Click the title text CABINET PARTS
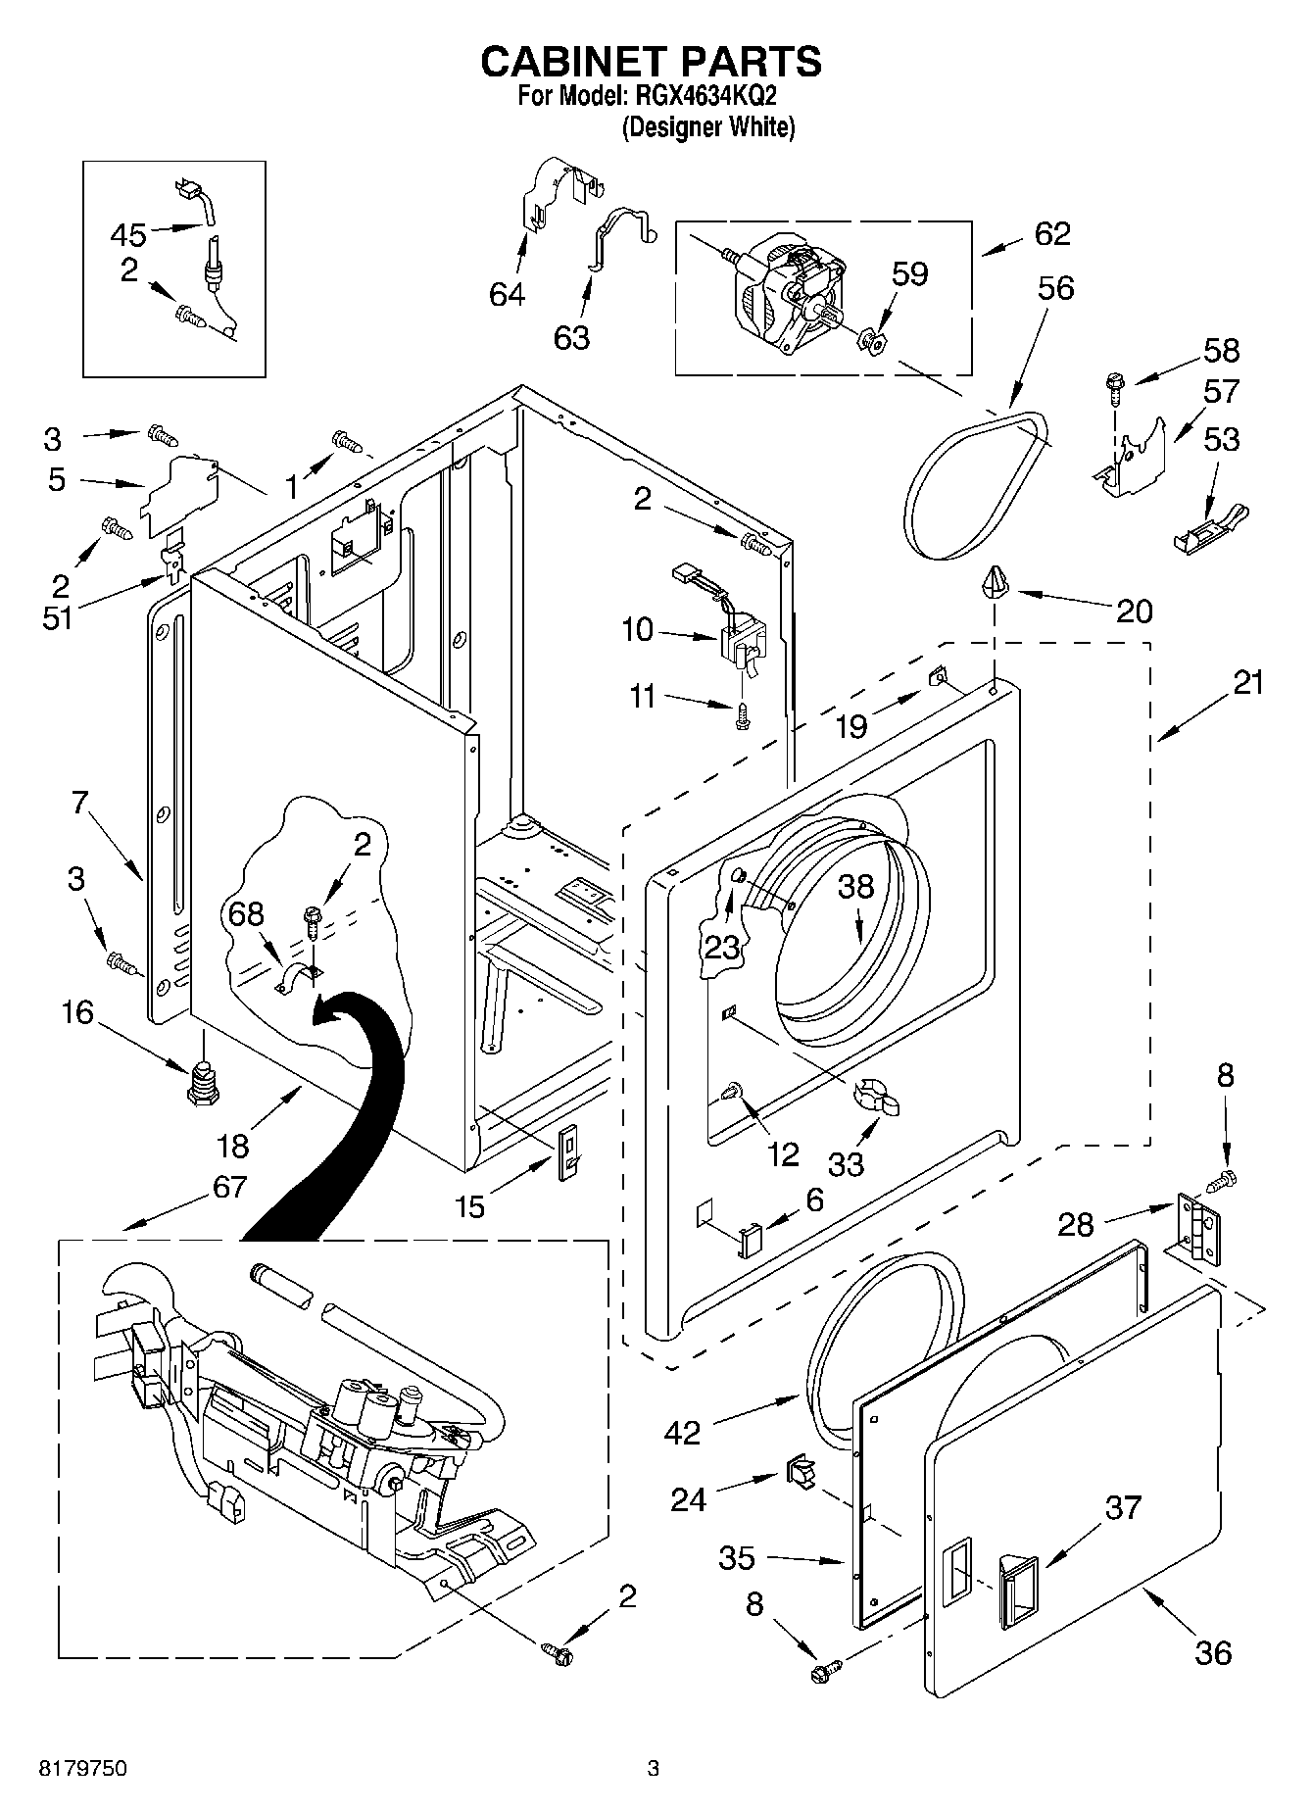click(x=651, y=62)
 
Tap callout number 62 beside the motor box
click(x=1051, y=234)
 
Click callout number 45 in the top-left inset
click(x=128, y=235)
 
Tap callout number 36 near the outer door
click(x=1213, y=1653)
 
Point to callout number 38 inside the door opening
click(x=855, y=887)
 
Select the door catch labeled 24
click(x=798, y=1473)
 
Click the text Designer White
click(x=708, y=127)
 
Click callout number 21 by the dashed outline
click(x=1248, y=682)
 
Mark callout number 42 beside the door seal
click(x=682, y=1433)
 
